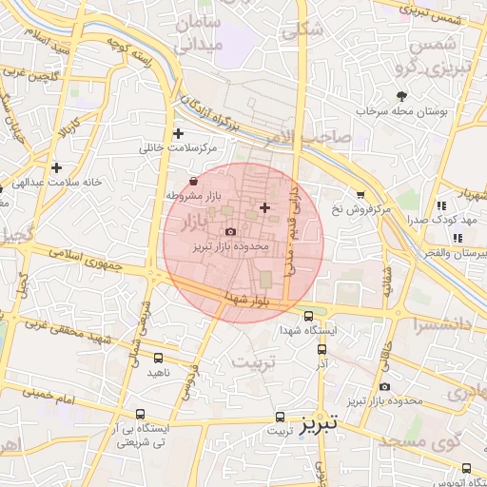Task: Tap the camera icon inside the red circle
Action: click(x=230, y=231)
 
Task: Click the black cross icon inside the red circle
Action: click(x=264, y=206)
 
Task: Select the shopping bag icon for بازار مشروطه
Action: click(x=194, y=180)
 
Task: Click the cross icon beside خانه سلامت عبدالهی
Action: click(x=57, y=167)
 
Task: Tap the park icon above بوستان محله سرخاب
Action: click(x=401, y=95)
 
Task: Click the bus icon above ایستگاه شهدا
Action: click(x=307, y=317)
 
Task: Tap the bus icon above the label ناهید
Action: click(x=158, y=359)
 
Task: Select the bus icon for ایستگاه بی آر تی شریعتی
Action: click(x=141, y=415)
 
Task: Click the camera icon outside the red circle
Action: click(x=384, y=386)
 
